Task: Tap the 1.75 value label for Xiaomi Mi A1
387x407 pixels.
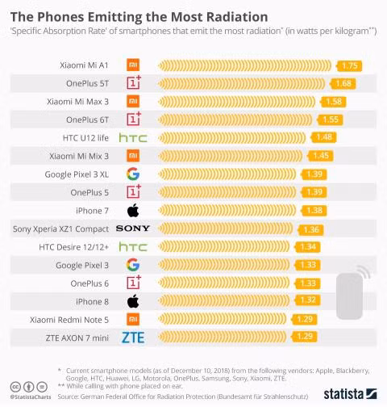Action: pyautogui.click(x=350, y=65)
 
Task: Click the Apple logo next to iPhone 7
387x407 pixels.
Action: pyautogui.click(x=133, y=210)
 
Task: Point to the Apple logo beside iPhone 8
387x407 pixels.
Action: pyautogui.click(x=133, y=301)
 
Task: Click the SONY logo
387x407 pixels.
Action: pyautogui.click(x=133, y=229)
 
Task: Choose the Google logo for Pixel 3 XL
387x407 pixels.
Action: pyautogui.click(x=133, y=174)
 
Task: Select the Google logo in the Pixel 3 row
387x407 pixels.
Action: pyautogui.click(x=133, y=265)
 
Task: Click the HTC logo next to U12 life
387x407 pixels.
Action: pyautogui.click(x=133, y=137)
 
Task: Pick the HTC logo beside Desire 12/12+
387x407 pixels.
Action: pyautogui.click(x=133, y=246)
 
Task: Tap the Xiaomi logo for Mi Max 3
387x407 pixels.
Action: pyautogui.click(x=133, y=101)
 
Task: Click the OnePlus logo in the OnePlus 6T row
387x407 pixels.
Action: pyautogui.click(x=133, y=120)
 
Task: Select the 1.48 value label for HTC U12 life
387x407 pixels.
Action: pyautogui.click(x=326, y=137)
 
